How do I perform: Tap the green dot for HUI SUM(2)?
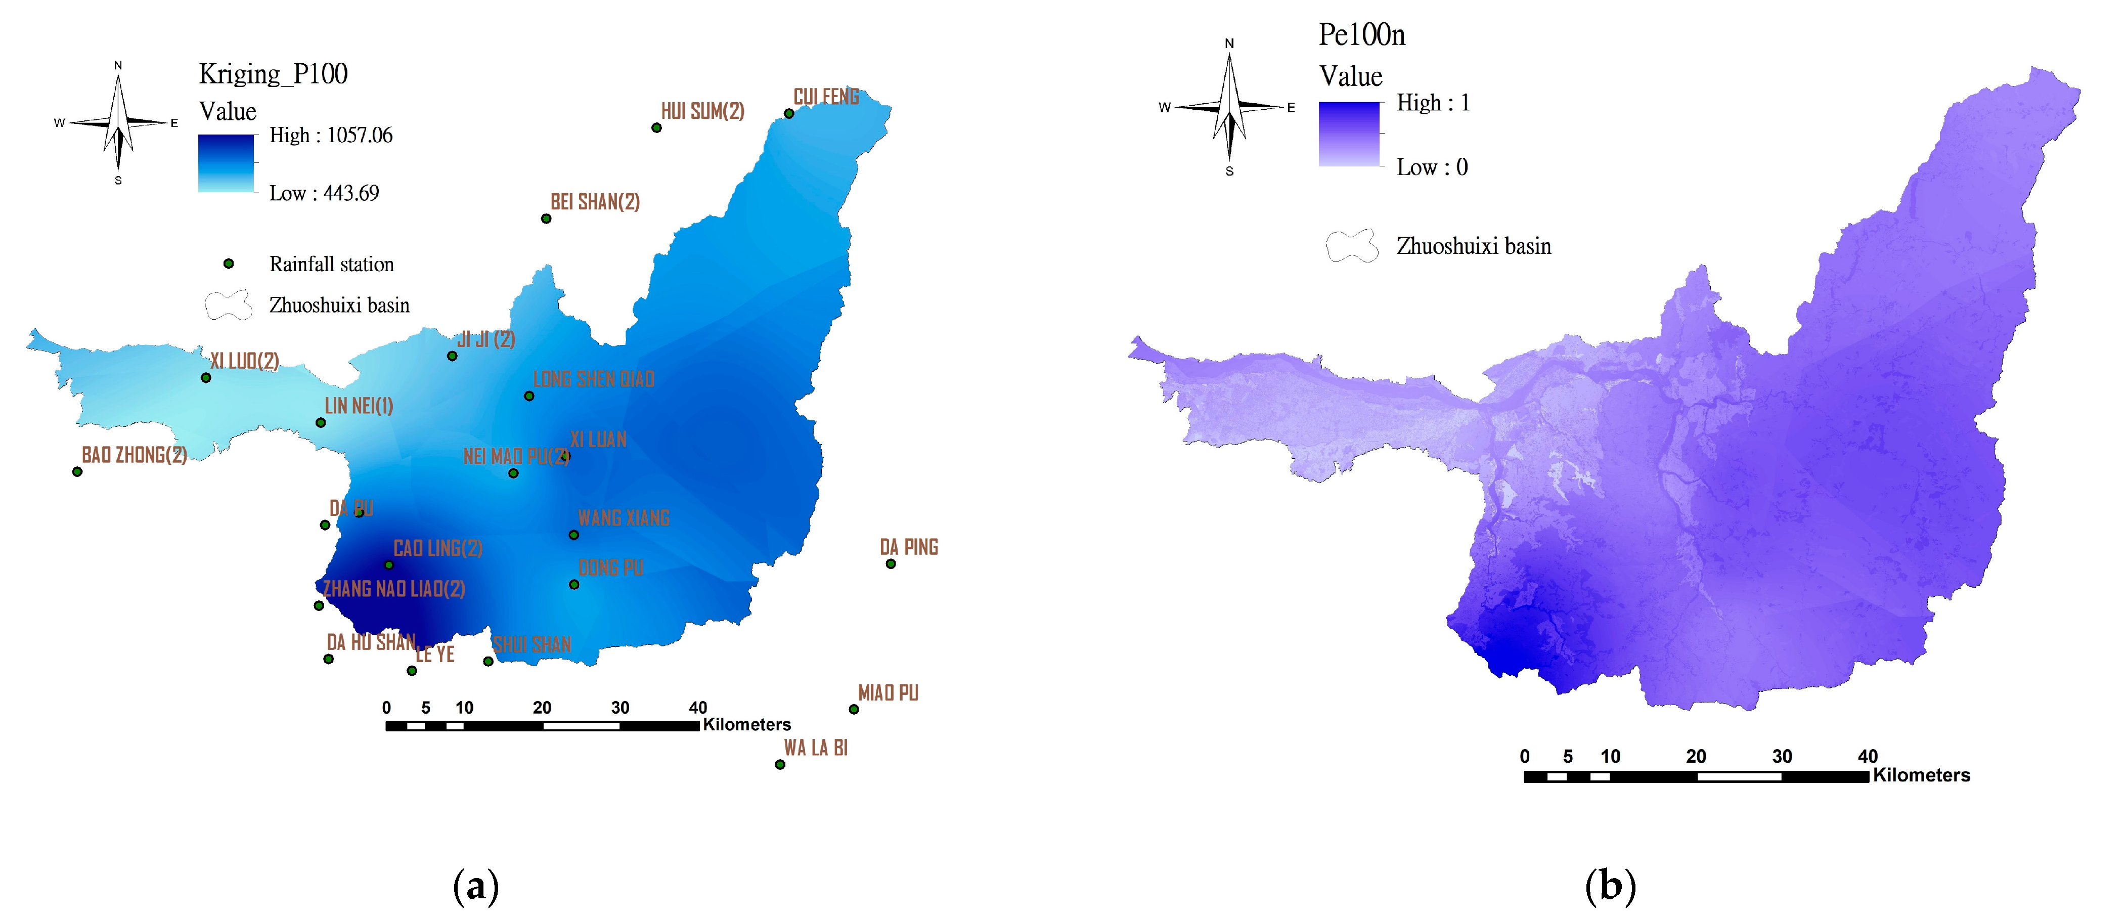(x=656, y=128)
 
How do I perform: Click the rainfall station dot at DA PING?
(x=891, y=564)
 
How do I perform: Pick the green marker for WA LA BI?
(x=780, y=764)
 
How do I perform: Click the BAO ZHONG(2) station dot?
(x=77, y=471)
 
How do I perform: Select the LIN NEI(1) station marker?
(x=320, y=423)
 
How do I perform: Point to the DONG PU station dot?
(x=573, y=585)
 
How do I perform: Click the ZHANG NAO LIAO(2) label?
(x=393, y=589)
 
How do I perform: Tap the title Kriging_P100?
(x=273, y=74)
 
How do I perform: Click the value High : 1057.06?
(x=331, y=136)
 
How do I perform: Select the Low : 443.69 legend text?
(x=324, y=193)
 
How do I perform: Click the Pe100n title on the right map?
(x=1362, y=35)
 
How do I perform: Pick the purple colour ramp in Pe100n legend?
(x=1349, y=134)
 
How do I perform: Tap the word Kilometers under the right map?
(x=1921, y=775)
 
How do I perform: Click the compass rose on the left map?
(x=118, y=122)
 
